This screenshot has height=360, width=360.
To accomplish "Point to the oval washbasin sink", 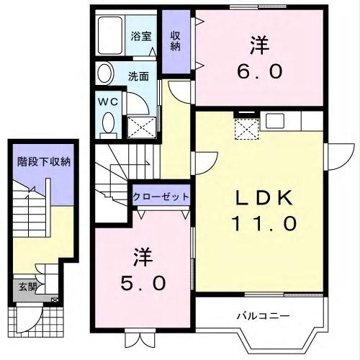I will pyautogui.click(x=105, y=73).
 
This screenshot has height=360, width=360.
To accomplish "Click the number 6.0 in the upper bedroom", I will pyautogui.click(x=259, y=72).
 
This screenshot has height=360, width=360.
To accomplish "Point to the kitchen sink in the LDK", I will pyautogui.click(x=275, y=120).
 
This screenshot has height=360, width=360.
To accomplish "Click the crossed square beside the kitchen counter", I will pyautogui.click(x=248, y=128).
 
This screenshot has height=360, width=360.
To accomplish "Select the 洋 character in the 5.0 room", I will pyautogui.click(x=141, y=255).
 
